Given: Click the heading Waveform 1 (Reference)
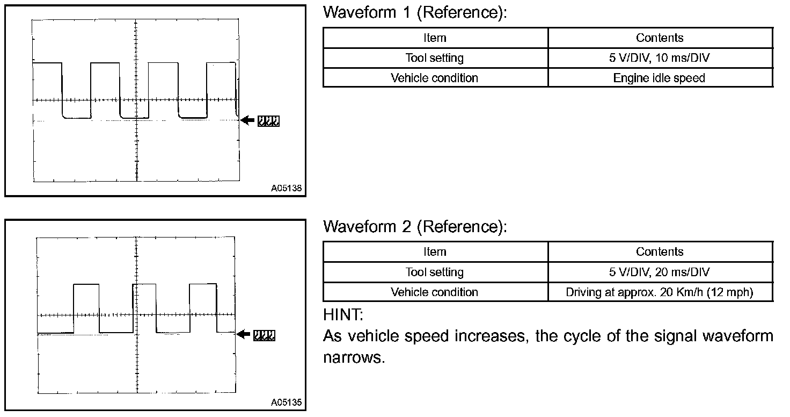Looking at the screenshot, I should point(414,13).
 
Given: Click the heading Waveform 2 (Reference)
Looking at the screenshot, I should point(414,227).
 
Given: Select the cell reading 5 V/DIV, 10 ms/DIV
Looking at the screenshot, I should point(660,58).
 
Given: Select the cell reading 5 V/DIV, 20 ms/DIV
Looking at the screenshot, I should point(660,272).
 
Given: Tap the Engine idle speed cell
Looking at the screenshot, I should point(659,78).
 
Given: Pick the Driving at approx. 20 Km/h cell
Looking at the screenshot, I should point(660,292).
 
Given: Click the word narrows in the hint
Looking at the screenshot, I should point(354,358).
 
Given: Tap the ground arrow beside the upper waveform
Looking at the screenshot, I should point(247,121).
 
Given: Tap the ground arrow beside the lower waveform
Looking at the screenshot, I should point(244,335).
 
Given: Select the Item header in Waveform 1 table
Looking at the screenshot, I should point(435,38).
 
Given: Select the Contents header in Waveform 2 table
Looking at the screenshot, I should point(660,251).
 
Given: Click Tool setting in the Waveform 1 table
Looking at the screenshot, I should point(435,58).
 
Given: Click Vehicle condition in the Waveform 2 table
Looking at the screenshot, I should point(435,292).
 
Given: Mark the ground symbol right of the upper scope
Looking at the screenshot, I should point(268,121).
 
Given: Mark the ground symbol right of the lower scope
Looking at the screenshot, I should point(265,335).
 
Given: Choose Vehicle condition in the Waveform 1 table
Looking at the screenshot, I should point(435,78).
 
